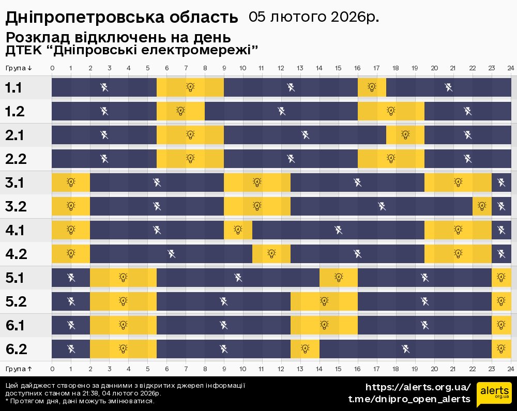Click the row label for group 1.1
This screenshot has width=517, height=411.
tap(13, 87)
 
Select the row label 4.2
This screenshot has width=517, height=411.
tap(16, 254)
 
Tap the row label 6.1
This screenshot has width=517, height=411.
tap(16, 326)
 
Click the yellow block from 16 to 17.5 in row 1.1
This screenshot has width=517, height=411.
tap(372, 87)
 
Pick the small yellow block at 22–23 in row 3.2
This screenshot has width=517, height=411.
tap(482, 206)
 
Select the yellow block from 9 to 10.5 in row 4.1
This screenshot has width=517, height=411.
tap(238, 230)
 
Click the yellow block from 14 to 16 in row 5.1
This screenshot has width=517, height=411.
tap(338, 278)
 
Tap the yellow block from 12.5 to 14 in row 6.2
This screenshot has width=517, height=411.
tap(305, 349)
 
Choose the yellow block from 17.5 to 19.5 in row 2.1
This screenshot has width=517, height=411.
tap(405, 135)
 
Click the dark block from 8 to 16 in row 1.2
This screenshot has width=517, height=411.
tap(281, 111)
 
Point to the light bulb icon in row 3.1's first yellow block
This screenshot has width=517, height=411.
tap(71, 182)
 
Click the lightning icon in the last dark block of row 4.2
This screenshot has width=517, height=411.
tap(501, 254)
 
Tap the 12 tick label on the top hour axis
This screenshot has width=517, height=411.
tap(281, 68)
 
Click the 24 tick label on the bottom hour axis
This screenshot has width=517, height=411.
tap(510, 369)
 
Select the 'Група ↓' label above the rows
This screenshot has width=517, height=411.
tap(19, 68)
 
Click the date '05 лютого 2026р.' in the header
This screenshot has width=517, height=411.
tap(313, 17)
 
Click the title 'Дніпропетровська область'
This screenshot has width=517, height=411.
tap(122, 18)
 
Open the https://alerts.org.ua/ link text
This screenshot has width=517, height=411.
tap(418, 387)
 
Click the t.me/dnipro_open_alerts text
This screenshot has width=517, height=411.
tap(409, 399)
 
